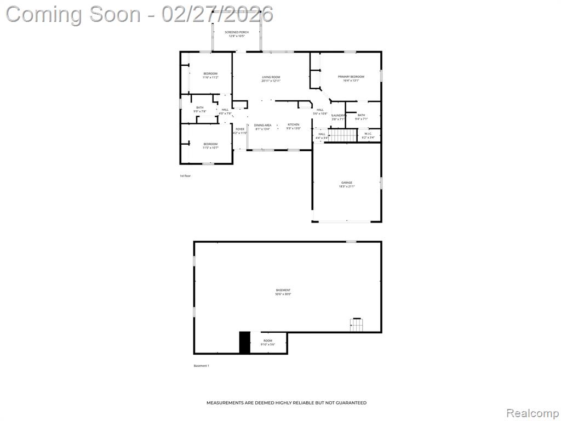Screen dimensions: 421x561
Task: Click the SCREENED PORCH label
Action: (x=237, y=32)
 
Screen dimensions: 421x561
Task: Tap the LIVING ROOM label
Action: (x=271, y=77)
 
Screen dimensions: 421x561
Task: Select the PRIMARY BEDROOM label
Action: (x=351, y=77)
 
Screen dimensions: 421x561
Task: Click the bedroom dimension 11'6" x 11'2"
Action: (x=210, y=77)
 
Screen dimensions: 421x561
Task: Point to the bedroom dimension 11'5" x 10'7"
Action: (x=210, y=148)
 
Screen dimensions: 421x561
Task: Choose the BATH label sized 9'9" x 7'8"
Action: (x=200, y=107)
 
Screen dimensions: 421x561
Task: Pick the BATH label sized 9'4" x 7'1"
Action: (x=361, y=115)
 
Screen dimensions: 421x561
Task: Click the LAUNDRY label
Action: (x=338, y=115)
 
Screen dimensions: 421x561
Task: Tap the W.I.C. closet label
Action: (x=368, y=134)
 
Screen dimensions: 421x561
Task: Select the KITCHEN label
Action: (x=294, y=125)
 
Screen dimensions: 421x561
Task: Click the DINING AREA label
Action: (x=262, y=125)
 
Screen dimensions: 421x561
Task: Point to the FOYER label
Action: (x=240, y=129)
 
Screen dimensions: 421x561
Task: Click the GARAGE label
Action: (x=347, y=183)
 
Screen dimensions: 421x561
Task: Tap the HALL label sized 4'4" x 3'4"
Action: (x=322, y=134)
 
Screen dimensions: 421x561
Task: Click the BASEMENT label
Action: (x=283, y=290)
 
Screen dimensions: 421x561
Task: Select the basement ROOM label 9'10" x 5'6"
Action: (x=268, y=340)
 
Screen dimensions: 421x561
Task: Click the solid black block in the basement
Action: (x=244, y=343)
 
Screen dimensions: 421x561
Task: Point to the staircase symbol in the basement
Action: (x=357, y=325)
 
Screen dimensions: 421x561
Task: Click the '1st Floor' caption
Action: (x=185, y=176)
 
